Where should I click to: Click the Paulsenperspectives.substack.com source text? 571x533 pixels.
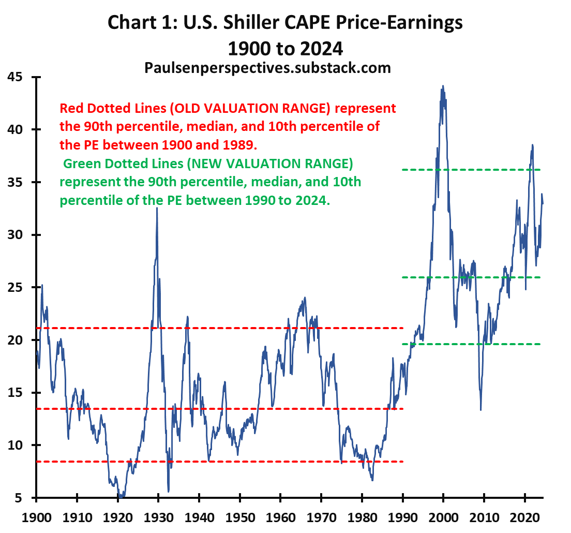(267, 68)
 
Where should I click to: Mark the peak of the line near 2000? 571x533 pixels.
(443, 86)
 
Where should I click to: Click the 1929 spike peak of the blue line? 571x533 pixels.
(157, 208)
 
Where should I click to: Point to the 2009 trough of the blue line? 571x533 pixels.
(480, 410)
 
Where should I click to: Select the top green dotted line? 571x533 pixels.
(471, 170)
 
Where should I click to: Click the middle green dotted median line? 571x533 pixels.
(471, 277)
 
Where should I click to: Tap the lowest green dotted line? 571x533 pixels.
(471, 344)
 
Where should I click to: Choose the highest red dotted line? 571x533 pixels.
(217, 328)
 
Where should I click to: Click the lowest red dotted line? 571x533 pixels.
(217, 462)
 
